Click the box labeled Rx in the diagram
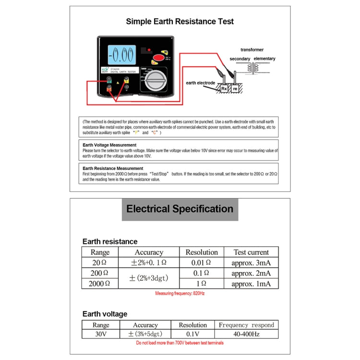(224, 88)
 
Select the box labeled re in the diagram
(235, 88)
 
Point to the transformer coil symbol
(251, 68)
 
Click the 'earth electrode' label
(201, 83)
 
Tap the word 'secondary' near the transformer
(240, 59)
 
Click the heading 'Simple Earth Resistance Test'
(180, 22)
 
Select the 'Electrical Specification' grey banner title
(180, 209)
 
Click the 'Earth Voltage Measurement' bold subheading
(109, 144)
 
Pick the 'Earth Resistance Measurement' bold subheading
(113, 168)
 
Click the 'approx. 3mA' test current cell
(251, 263)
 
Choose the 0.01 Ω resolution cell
(202, 263)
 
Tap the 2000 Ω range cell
(100, 284)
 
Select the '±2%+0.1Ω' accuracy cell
(149, 263)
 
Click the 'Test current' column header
(251, 252)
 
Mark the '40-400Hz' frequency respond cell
(246, 334)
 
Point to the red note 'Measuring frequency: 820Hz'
(180, 293)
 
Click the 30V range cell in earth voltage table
(100, 334)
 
